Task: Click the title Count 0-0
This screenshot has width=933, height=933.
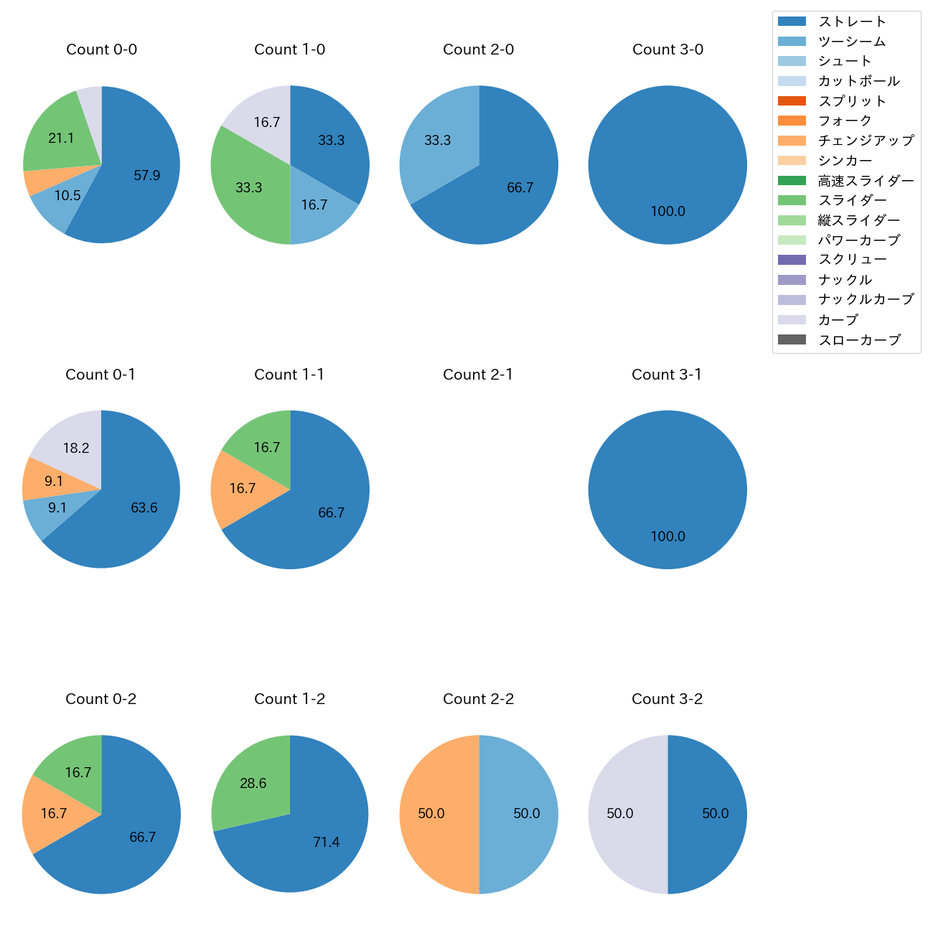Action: point(101,50)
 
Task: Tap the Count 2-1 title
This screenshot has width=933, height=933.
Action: point(478,375)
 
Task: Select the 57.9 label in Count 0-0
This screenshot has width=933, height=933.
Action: point(146,175)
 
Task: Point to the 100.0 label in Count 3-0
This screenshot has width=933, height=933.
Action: point(667,212)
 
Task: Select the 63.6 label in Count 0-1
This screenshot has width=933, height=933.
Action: point(144,508)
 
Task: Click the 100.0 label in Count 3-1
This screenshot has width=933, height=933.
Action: point(667,537)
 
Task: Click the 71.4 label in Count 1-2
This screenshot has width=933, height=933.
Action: point(326,843)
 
